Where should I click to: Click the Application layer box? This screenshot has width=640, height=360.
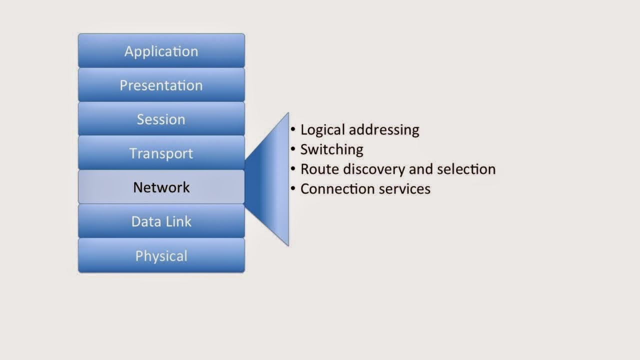[161, 51]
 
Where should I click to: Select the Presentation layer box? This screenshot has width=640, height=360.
[161, 85]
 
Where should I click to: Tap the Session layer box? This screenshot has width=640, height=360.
[161, 119]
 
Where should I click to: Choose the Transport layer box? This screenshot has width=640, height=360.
[161, 153]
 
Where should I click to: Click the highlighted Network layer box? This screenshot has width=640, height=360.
[161, 187]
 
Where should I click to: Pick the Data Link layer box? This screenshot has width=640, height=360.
[161, 221]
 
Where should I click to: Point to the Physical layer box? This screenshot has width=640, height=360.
[161, 255]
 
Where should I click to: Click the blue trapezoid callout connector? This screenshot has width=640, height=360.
[272, 178]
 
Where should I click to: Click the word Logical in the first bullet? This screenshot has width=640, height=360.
[322, 130]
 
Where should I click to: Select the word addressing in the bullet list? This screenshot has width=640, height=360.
[383, 130]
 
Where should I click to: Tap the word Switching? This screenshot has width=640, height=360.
[331, 149]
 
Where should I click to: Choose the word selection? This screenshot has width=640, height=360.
[466, 169]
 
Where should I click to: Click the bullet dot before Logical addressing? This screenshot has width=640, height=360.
[293, 129]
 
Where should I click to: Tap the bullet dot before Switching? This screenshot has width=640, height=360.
[293, 149]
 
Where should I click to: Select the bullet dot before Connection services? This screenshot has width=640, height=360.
[293, 188]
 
